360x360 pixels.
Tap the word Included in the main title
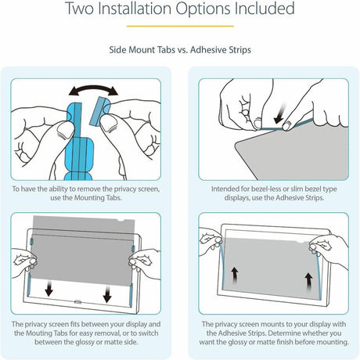[262, 10]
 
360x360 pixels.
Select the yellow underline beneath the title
[179, 26]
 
